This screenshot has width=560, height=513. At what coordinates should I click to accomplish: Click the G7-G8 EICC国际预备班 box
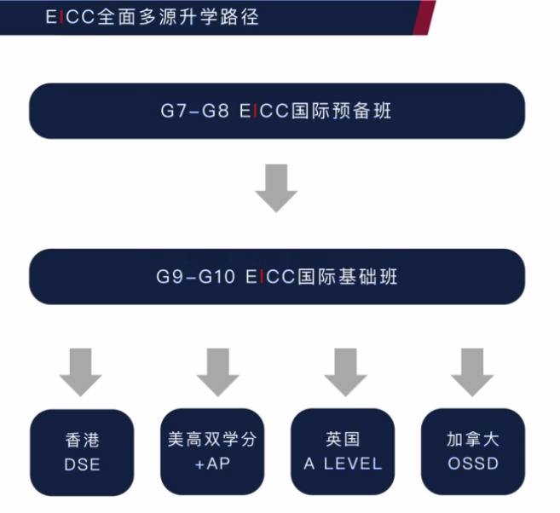click(x=276, y=111)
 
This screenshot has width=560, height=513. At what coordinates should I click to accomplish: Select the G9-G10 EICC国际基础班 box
click(x=276, y=277)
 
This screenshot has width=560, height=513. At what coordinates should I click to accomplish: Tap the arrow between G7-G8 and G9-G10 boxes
click(x=276, y=187)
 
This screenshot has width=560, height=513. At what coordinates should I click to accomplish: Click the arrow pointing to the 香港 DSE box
click(x=81, y=372)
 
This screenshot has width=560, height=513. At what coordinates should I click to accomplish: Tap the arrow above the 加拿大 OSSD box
click(x=473, y=372)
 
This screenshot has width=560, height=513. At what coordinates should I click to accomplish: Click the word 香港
click(x=82, y=441)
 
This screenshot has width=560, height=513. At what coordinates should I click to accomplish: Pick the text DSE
click(x=82, y=464)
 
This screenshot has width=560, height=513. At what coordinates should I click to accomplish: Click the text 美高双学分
click(x=212, y=441)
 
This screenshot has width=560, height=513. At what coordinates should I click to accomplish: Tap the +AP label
click(x=212, y=464)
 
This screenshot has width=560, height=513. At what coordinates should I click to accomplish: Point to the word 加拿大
click(x=472, y=441)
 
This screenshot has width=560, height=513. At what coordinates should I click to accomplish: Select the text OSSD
click(x=472, y=464)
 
